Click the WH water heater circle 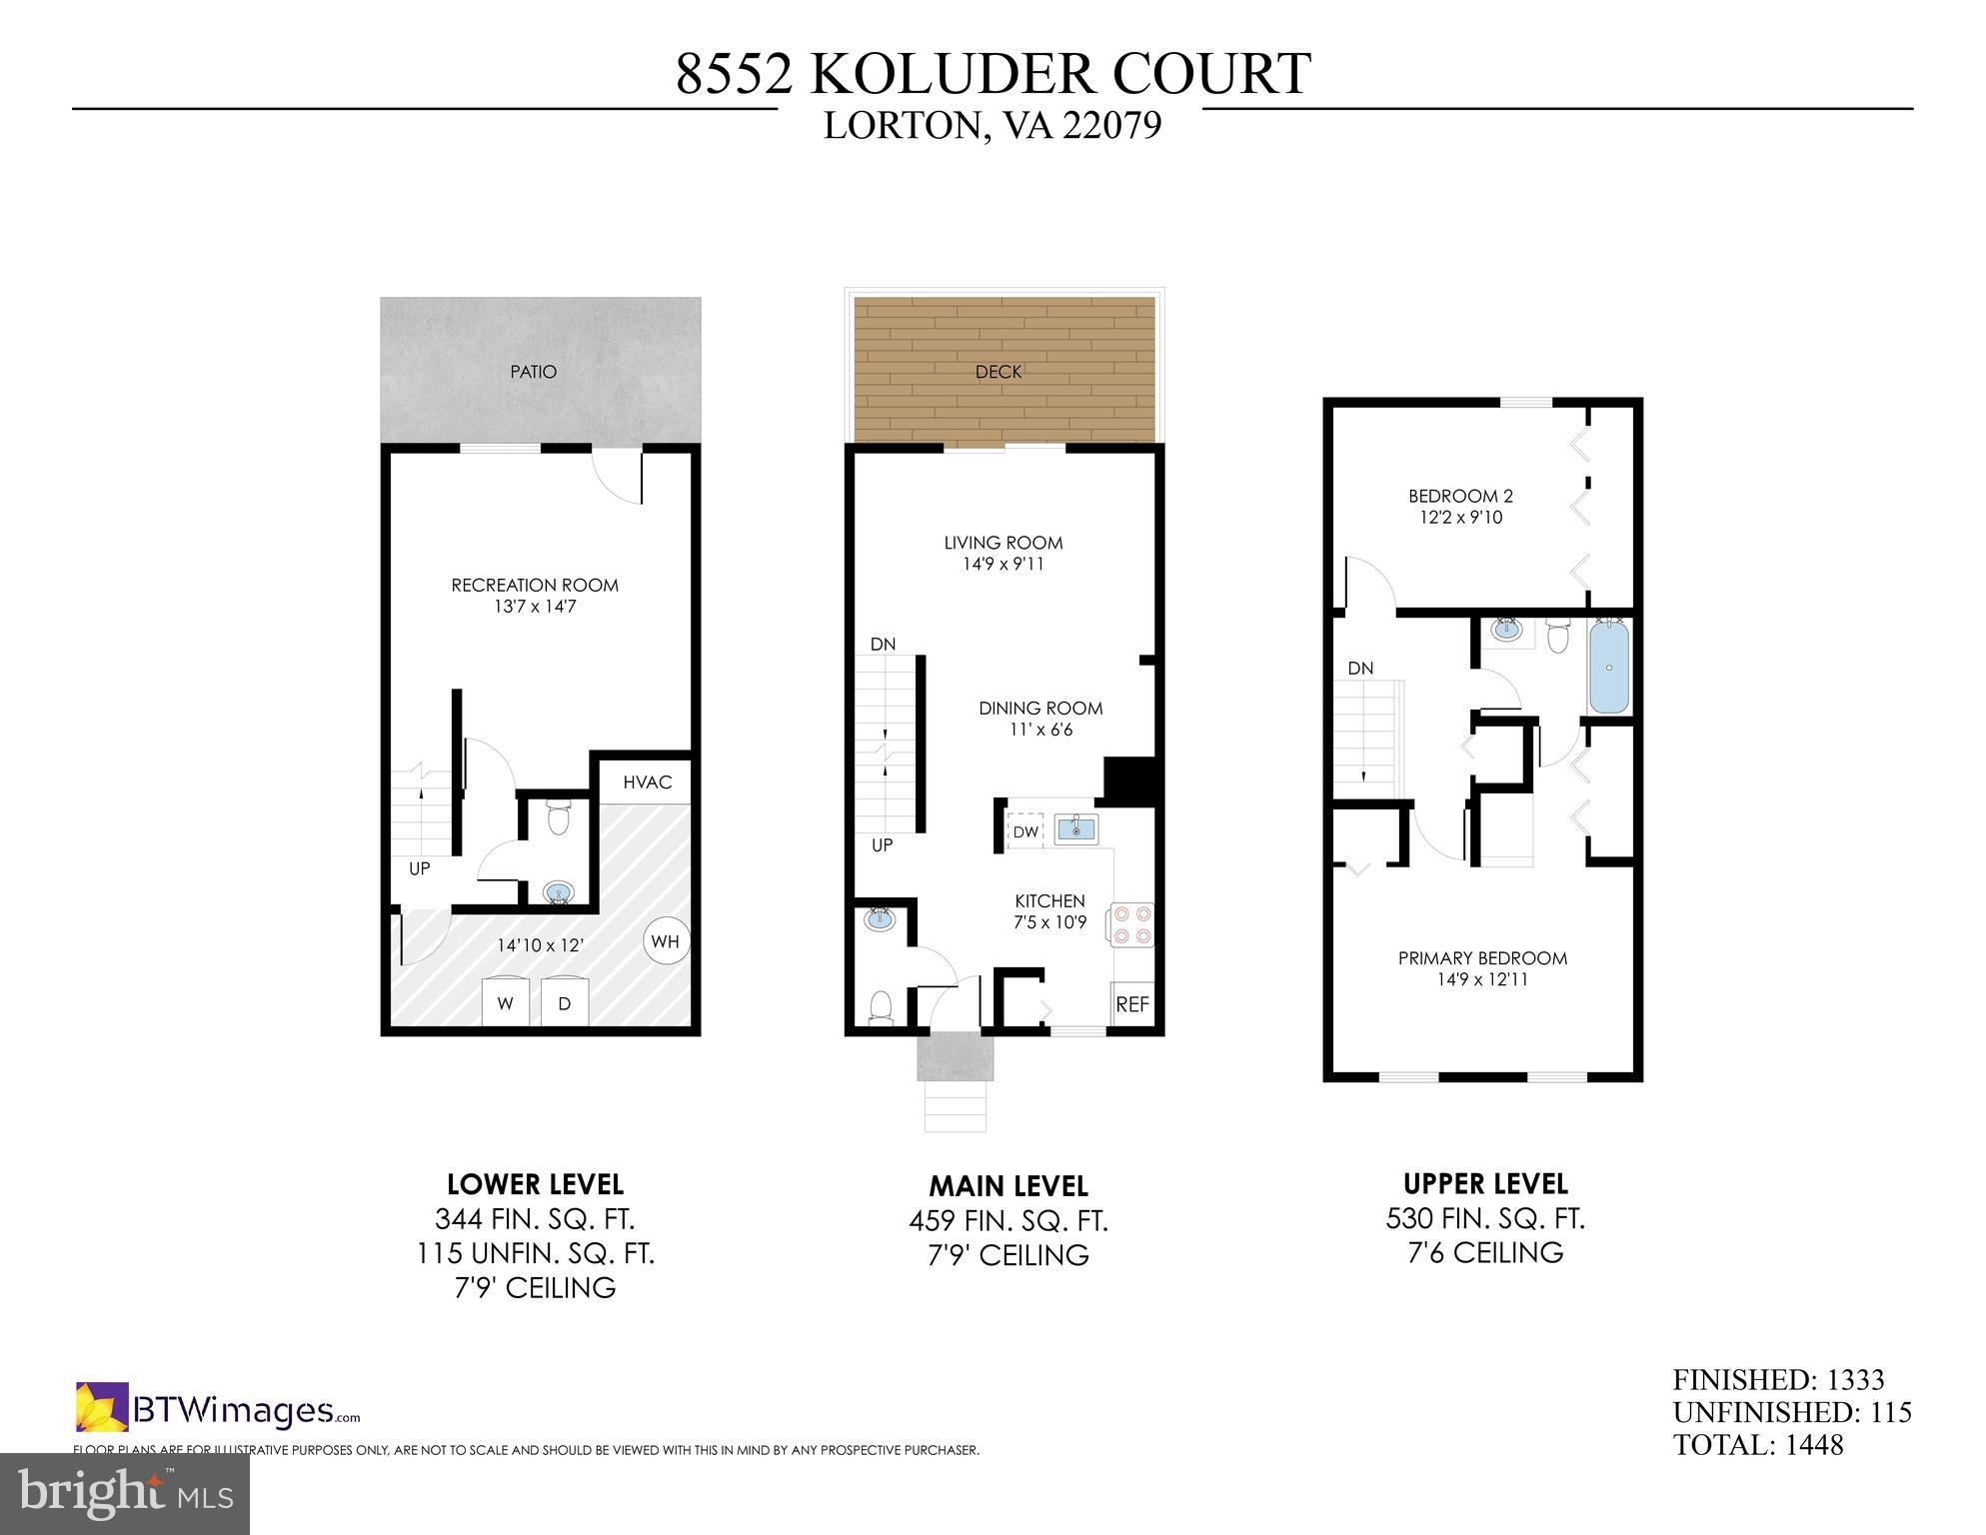(x=665, y=940)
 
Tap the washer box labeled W (x=506, y=1002)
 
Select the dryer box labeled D (x=564, y=1002)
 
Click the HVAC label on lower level (x=647, y=781)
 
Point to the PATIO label (x=533, y=372)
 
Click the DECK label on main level (x=997, y=372)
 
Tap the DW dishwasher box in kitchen (x=1024, y=831)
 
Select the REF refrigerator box (x=1131, y=1004)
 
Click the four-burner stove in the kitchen (x=1130, y=924)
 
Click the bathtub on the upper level (x=1608, y=667)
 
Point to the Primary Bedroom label (x=1481, y=958)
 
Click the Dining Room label (x=1039, y=709)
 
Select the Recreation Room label (x=535, y=586)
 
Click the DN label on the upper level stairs (x=1360, y=669)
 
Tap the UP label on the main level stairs (x=882, y=844)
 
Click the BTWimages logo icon (x=102, y=1406)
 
